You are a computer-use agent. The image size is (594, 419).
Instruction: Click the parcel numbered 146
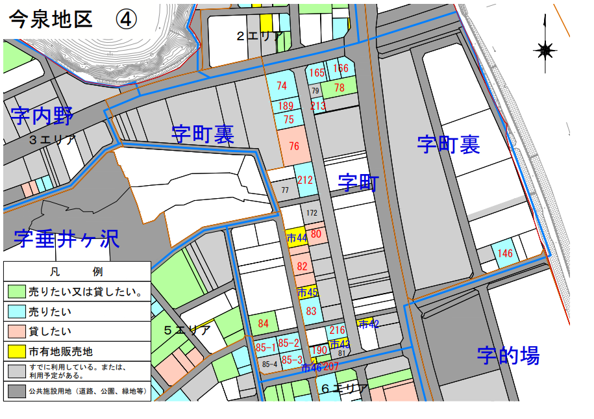506,253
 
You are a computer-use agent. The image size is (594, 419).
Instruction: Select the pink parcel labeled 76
294,146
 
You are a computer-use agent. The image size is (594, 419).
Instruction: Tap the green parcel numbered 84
263,323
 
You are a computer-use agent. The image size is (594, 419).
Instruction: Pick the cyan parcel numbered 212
304,180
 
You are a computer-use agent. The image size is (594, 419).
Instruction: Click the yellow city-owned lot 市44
296,238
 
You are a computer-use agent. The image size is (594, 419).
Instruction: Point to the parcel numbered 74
281,86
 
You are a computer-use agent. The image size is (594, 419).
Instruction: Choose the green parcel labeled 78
339,88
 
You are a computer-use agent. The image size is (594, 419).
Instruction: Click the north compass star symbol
545,49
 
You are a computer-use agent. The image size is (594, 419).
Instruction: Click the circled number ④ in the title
126,19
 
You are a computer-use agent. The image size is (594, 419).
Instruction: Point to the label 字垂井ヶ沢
67,239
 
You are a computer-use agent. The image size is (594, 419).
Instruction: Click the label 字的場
508,355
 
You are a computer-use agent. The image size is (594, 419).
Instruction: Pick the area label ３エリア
52,140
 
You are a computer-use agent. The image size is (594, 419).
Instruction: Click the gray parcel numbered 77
284,190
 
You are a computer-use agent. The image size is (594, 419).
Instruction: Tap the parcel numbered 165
317,73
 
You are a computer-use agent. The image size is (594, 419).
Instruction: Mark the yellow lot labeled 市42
368,324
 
